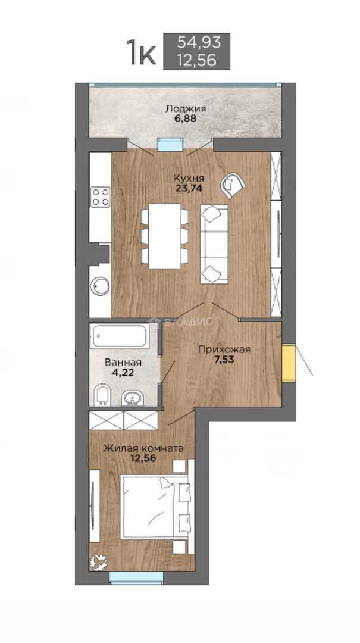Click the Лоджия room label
click(185, 109)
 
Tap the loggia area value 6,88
click(185, 119)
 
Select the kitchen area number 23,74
click(189, 188)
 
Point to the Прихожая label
click(224, 349)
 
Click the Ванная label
click(123, 363)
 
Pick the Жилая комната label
click(143, 448)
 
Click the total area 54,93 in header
click(199, 42)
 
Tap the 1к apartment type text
click(142, 52)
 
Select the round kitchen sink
click(100, 286)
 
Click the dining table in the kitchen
click(164, 236)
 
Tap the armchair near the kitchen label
click(232, 185)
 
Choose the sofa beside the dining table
click(214, 244)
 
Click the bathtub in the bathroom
click(120, 336)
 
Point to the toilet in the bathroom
click(102, 395)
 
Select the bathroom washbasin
click(133, 397)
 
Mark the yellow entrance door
click(289, 363)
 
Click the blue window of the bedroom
click(136, 578)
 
